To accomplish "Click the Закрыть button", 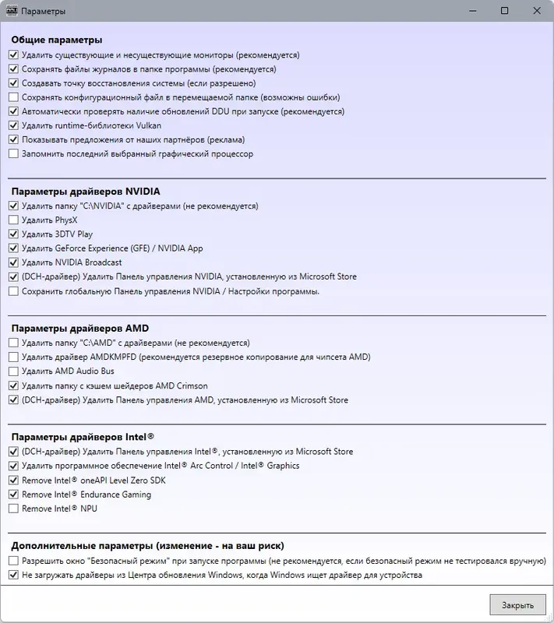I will click(x=517, y=605).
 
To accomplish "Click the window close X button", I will click(x=537, y=11).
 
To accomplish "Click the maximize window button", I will click(x=505, y=11).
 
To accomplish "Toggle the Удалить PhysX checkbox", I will click(x=13, y=220).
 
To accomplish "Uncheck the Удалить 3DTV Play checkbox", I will click(x=13, y=234).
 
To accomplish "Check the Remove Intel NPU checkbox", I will click(x=13, y=509).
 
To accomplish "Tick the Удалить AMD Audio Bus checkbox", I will click(x=13, y=371).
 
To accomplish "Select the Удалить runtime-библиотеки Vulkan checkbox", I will click(x=13, y=125).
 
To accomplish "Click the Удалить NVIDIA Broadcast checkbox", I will click(x=13, y=262).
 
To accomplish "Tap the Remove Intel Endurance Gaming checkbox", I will click(x=13, y=495).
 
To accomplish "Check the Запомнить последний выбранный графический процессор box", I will click(x=13, y=153).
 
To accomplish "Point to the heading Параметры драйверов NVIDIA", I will click(x=86, y=191).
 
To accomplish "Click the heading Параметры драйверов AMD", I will click(x=79, y=328).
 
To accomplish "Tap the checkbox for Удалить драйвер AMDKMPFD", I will click(x=13, y=357).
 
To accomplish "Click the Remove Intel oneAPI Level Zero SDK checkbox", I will click(x=13, y=480).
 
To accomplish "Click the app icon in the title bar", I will click(x=12, y=11).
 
